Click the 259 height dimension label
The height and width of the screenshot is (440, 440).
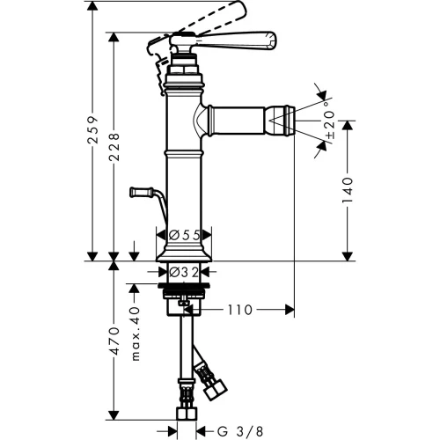(93, 129)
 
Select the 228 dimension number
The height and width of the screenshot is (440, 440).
(114, 147)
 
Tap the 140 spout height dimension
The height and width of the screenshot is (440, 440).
(348, 190)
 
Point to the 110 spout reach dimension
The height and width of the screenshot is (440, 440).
(240, 310)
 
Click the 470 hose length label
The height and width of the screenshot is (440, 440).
(114, 341)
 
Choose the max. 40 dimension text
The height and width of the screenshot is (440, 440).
(136, 334)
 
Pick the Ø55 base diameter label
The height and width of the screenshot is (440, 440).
(185, 235)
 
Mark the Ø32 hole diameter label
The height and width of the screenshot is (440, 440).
(184, 272)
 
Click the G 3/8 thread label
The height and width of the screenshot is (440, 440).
(240, 431)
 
